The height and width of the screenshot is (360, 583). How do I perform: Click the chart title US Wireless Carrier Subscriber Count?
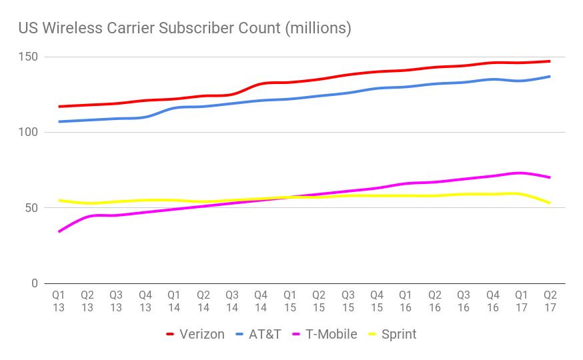click(x=185, y=29)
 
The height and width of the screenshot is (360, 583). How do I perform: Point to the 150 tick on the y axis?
click(x=31, y=57)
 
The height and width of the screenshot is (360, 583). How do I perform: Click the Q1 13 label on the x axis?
click(x=59, y=301)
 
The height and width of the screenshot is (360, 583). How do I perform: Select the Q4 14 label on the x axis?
click(x=261, y=301)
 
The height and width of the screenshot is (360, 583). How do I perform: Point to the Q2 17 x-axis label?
click(x=550, y=301)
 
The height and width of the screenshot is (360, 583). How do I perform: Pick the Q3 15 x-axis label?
click(x=348, y=301)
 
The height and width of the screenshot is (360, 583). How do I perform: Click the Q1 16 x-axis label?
click(x=406, y=301)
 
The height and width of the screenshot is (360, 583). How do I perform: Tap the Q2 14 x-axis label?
click(x=203, y=301)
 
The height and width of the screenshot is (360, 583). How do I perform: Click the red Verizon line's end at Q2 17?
click(x=550, y=61)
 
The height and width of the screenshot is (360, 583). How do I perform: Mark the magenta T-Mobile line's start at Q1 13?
click(x=59, y=232)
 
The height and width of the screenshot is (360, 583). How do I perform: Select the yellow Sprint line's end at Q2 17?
click(x=550, y=203)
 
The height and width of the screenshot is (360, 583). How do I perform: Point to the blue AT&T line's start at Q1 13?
click(x=59, y=122)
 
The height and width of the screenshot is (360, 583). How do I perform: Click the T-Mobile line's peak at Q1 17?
click(x=521, y=173)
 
